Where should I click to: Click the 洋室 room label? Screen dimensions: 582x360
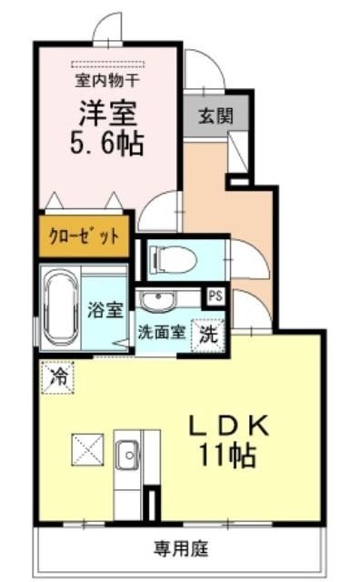[x=108, y=115]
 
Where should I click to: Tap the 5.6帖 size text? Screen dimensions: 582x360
[x=108, y=143]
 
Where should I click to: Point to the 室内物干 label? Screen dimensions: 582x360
[x=108, y=80]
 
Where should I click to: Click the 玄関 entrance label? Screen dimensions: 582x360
[x=215, y=115]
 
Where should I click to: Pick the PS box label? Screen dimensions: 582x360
[x=216, y=296]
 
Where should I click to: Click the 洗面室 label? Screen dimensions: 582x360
[x=162, y=331]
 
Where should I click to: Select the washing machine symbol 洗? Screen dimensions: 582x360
[x=208, y=333]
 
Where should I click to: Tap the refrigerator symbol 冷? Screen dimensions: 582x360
[x=57, y=374]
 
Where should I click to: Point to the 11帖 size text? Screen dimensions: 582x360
[x=228, y=452]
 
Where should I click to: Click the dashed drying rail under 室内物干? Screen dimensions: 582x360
[x=108, y=63]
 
